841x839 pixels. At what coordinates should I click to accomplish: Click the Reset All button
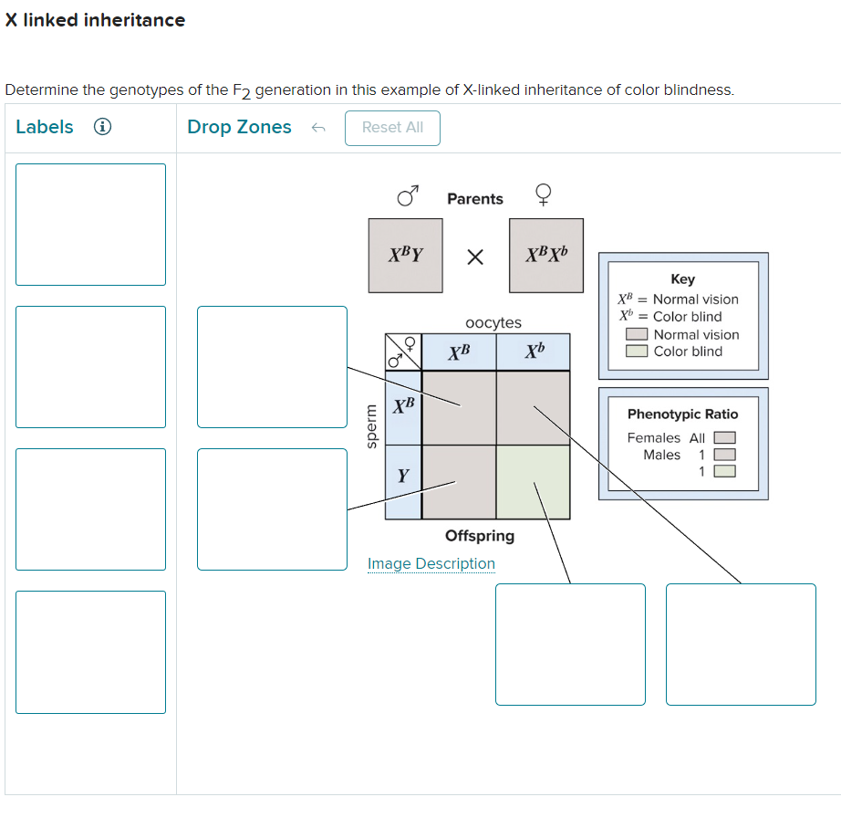392,128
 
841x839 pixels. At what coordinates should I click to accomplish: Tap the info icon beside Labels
104,128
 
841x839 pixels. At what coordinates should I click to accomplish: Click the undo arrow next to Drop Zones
317,129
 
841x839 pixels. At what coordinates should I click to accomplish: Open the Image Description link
431,563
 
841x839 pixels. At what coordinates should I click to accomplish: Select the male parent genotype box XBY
405,256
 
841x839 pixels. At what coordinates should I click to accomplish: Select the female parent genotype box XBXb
545,256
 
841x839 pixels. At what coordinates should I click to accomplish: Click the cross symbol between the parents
474,257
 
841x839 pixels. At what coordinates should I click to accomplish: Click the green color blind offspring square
533,481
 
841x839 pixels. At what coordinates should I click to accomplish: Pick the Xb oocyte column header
534,351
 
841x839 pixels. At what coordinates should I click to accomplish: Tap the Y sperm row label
403,476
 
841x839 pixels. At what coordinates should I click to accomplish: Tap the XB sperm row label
403,404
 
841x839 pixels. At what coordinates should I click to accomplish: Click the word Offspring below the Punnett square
479,536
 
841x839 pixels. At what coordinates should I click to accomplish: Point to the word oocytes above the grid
493,322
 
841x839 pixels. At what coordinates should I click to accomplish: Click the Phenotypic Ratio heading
682,414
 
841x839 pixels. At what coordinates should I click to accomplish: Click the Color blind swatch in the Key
637,351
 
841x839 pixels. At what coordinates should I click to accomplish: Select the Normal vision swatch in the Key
637,335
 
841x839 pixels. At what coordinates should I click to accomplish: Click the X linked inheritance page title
95,20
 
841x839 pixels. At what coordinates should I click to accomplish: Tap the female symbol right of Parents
543,196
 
